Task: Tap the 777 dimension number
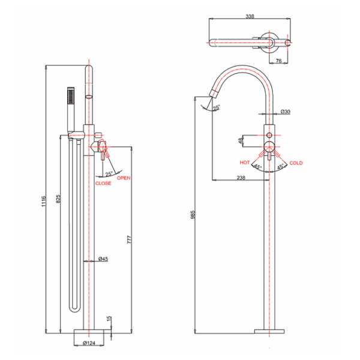(129, 239)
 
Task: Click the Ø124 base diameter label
(90, 343)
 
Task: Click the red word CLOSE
(103, 183)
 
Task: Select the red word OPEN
(124, 178)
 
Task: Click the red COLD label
(296, 163)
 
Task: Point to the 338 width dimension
(249, 17)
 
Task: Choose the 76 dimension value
(280, 61)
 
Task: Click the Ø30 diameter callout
(285, 112)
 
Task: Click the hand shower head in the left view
(71, 95)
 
